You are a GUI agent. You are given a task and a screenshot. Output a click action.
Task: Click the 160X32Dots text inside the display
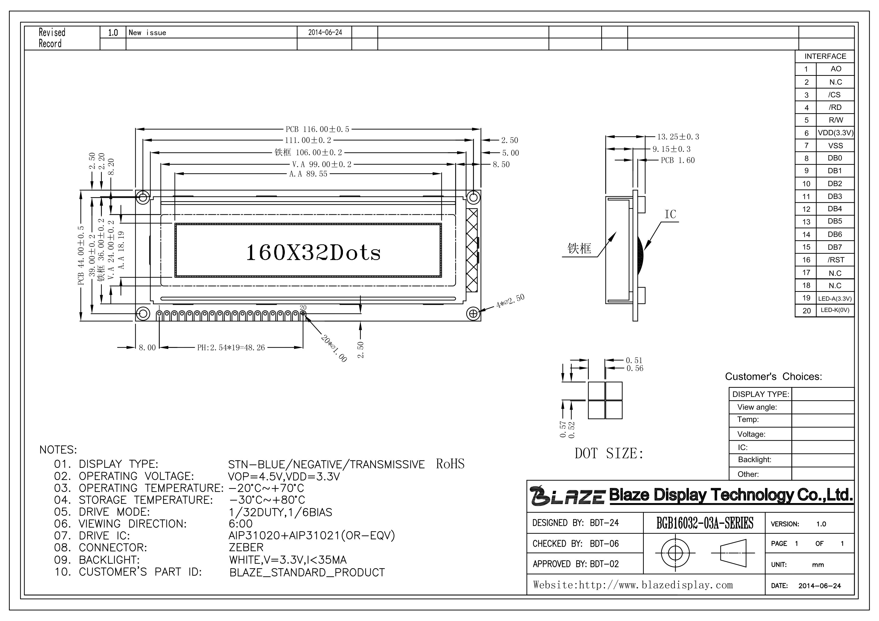click(x=313, y=253)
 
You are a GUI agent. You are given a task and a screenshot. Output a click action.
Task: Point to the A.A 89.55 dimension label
click(x=308, y=174)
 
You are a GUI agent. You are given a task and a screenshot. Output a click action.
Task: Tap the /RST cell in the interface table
click(x=835, y=260)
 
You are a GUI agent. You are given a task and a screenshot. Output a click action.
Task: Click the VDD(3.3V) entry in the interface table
click(x=835, y=133)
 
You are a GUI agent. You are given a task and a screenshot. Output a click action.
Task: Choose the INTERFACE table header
click(x=825, y=56)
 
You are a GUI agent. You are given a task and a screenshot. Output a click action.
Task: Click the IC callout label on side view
click(x=670, y=214)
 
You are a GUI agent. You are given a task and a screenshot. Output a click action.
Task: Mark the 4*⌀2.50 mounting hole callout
click(x=510, y=301)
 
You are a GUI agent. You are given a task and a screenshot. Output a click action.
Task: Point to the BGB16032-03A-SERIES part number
click(x=705, y=523)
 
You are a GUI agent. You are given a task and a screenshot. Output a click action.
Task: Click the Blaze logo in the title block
click(x=568, y=496)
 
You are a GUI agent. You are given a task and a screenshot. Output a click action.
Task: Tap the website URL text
click(x=633, y=585)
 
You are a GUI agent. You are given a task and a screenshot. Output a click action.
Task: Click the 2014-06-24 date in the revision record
click(x=325, y=33)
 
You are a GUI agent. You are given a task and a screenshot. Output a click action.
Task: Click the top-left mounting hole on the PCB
click(x=143, y=197)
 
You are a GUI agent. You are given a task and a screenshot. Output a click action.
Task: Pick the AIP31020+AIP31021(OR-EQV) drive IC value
click(x=312, y=536)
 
